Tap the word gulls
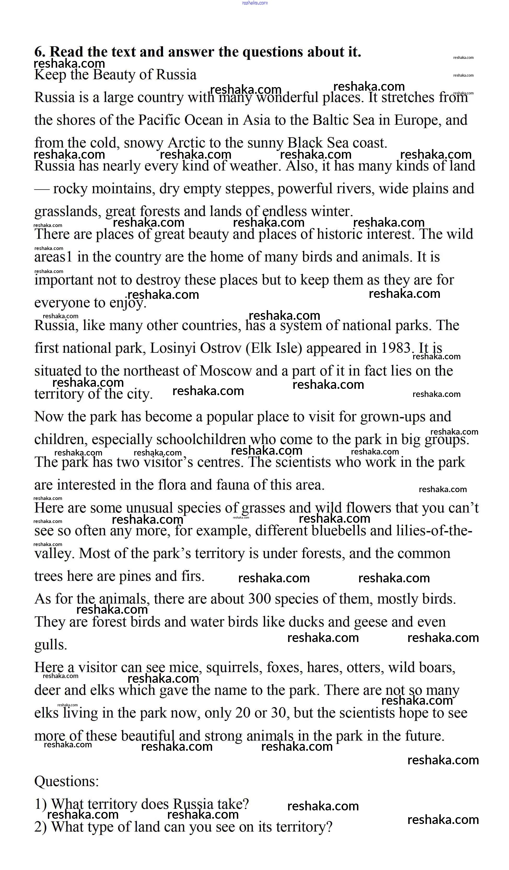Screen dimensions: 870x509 [x=50, y=645]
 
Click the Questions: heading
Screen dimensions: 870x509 [x=67, y=781]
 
